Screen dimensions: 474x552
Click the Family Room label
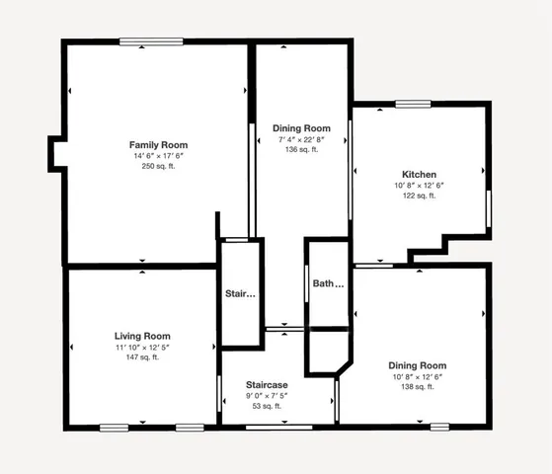(158, 145)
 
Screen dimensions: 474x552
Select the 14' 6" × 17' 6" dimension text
(158, 156)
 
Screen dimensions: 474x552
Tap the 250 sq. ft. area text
(158, 167)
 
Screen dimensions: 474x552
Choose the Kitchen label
(419, 175)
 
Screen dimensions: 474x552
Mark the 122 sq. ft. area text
(419, 196)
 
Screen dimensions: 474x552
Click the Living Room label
(142, 336)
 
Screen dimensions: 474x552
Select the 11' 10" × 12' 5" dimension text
(142, 347)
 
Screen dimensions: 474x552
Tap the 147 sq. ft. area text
(142, 357)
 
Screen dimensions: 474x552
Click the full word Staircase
(266, 384)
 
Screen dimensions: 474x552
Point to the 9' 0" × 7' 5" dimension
(266, 395)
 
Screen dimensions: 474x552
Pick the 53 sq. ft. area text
(266, 406)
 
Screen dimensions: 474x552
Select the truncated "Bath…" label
(328, 283)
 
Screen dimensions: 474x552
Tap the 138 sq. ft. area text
(417, 386)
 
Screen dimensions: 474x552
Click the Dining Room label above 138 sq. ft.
(417, 365)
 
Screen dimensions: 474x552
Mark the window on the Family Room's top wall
(151, 41)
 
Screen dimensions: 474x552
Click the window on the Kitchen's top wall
(413, 104)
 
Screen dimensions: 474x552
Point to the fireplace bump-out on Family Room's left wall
(55, 153)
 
